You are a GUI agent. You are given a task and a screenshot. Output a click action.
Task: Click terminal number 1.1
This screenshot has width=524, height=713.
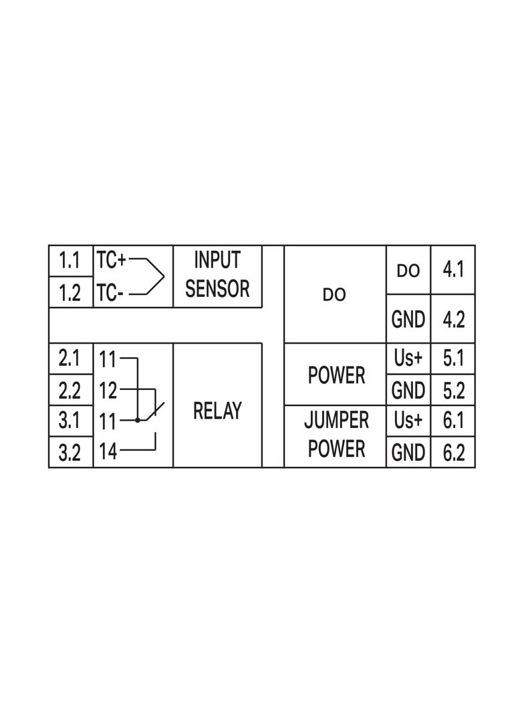pyautogui.click(x=70, y=261)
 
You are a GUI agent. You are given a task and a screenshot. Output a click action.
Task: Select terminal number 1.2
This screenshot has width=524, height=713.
pyautogui.click(x=70, y=293)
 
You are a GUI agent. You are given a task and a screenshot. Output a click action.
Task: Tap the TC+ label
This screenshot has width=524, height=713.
pyautogui.click(x=111, y=260)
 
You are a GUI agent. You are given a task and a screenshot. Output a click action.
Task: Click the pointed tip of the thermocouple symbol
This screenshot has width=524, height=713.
pyautogui.click(x=164, y=276)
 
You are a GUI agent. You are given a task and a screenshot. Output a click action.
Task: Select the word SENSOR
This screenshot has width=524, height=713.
pyautogui.click(x=217, y=289)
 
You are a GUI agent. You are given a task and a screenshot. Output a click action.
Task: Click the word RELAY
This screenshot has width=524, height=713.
pyautogui.click(x=217, y=411)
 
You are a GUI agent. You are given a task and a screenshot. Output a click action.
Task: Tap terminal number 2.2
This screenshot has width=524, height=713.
pyautogui.click(x=70, y=390)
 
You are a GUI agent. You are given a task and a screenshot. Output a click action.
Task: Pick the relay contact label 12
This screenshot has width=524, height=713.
pyautogui.click(x=108, y=390)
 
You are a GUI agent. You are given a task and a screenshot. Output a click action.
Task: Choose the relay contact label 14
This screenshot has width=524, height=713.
pyautogui.click(x=108, y=452)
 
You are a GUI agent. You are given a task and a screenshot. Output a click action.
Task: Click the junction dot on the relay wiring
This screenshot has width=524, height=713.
pyautogui.click(x=138, y=421)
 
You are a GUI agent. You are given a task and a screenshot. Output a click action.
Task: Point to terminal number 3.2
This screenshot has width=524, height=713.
pyautogui.click(x=70, y=453)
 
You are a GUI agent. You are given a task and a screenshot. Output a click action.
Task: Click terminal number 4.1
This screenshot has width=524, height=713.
pyautogui.click(x=453, y=270)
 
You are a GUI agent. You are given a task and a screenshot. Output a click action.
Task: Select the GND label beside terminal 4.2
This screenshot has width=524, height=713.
pyautogui.click(x=408, y=320)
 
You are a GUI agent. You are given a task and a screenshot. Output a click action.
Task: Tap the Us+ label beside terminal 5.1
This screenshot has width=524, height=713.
pyautogui.click(x=408, y=359)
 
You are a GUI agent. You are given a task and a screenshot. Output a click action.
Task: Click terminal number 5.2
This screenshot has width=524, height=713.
pyautogui.click(x=453, y=390)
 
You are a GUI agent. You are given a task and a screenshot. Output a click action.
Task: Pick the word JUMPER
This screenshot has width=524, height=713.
pyautogui.click(x=336, y=421)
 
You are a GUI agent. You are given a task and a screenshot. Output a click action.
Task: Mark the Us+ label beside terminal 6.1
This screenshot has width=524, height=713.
pyautogui.click(x=408, y=421)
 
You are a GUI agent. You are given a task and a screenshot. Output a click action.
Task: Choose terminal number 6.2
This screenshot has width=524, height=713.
pyautogui.click(x=453, y=453)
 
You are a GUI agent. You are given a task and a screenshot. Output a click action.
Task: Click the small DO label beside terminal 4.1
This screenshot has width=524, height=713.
pyautogui.click(x=408, y=271)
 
